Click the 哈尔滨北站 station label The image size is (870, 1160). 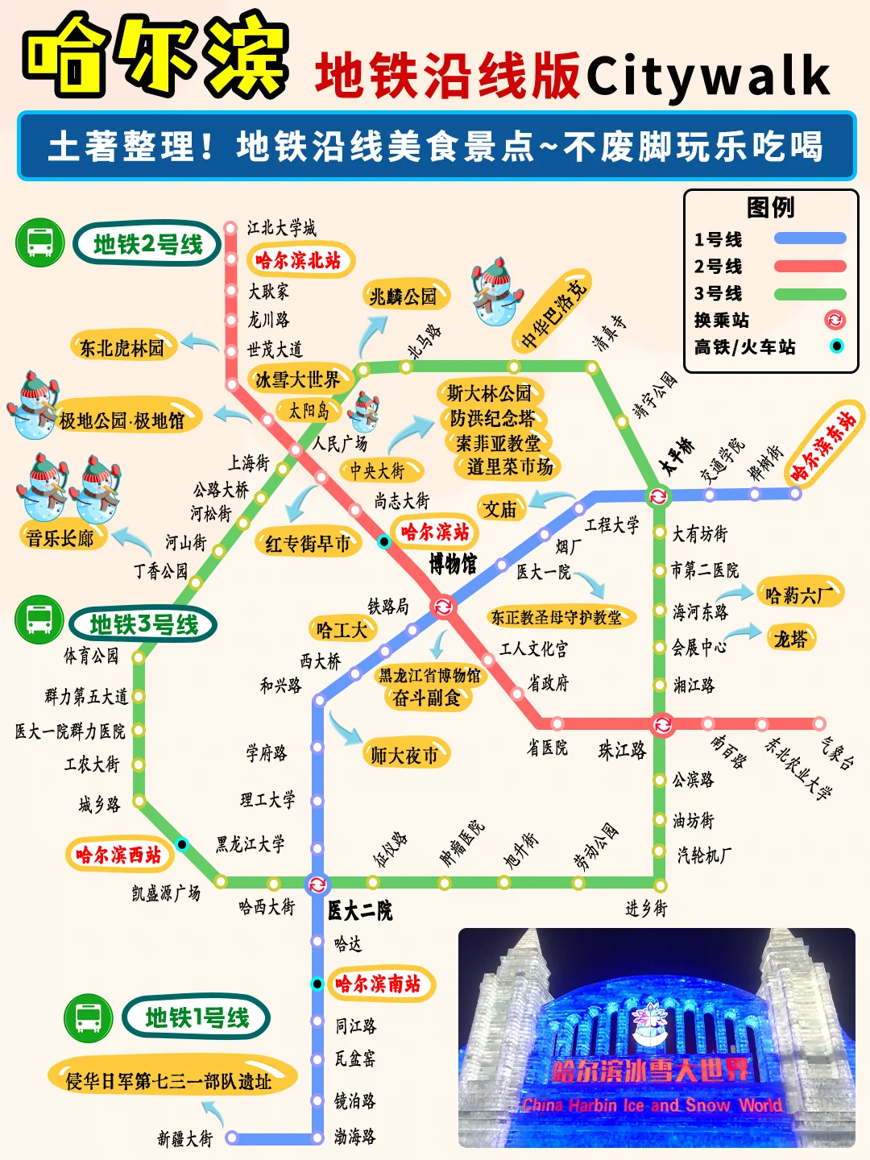299,260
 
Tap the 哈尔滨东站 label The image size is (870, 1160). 822,445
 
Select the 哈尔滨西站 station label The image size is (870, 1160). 118,854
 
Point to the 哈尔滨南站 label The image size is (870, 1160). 378,984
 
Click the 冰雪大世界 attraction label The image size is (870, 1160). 298,379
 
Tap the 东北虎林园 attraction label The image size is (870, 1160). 122,347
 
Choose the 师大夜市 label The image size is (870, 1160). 404,755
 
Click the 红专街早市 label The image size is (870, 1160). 308,544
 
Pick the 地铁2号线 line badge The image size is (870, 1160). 147,244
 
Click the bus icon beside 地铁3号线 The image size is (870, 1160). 39,619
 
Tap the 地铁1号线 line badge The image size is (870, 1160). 197,1017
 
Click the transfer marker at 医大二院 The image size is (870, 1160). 317,884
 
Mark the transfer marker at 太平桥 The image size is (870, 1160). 659,495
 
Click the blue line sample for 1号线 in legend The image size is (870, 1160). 810,238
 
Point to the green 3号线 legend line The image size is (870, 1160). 810,293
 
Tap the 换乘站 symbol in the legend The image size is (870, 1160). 835,320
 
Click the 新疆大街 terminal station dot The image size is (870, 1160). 232,1137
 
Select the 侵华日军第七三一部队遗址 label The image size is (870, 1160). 169,1081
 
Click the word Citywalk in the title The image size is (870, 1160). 707,76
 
